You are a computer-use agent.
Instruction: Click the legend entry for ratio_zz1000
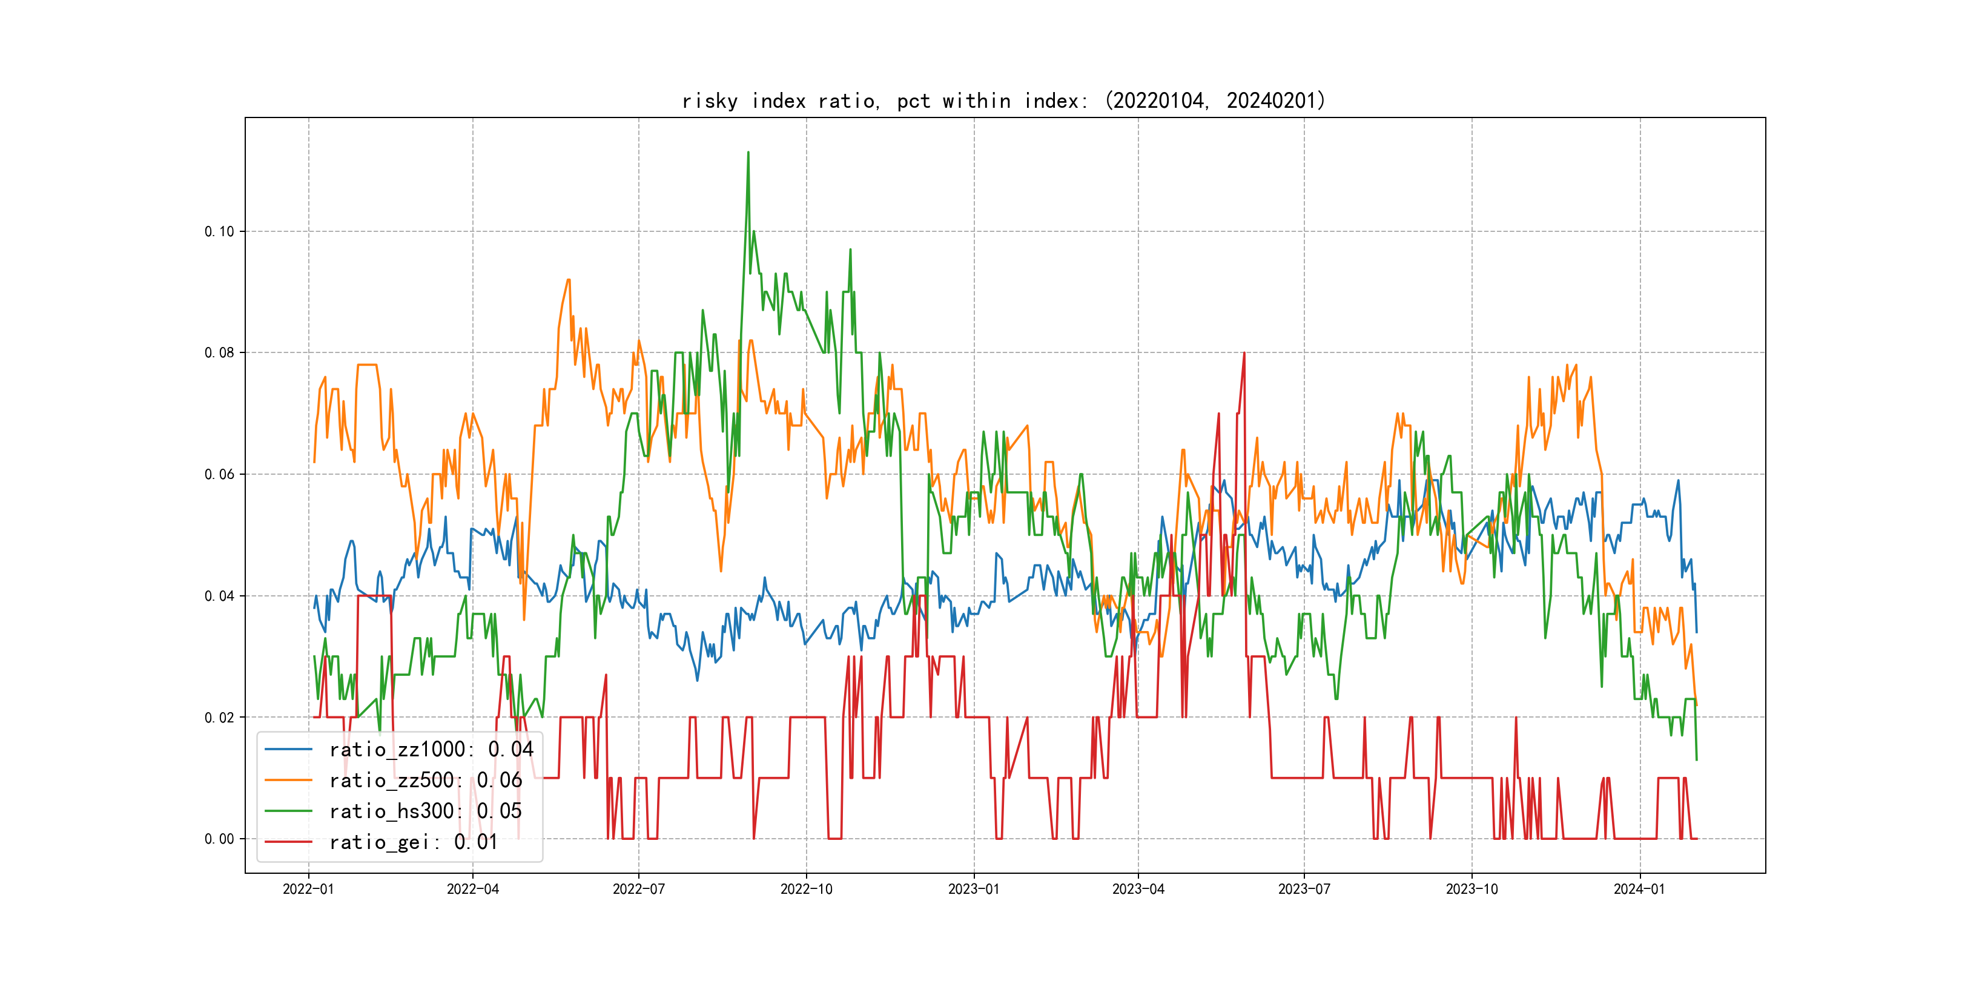(431, 750)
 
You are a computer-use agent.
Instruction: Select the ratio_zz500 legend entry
(425, 781)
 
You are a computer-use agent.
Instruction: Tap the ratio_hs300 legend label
(425, 811)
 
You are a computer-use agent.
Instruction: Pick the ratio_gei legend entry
(413, 842)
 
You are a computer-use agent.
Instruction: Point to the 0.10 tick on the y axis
(219, 231)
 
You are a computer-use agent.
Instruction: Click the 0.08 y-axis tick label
(219, 352)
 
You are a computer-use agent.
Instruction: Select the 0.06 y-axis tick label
(219, 475)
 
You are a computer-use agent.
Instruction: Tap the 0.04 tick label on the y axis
(219, 596)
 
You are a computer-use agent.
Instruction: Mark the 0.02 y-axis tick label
(219, 718)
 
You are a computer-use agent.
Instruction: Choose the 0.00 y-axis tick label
(219, 839)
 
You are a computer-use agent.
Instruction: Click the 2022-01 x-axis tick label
(308, 889)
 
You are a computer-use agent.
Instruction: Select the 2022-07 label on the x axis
(638, 889)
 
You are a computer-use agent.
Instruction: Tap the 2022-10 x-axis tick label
(806, 889)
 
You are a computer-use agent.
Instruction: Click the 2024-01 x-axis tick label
(1639, 889)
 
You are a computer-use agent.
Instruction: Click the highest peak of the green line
(748, 153)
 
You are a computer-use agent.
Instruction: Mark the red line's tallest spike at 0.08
(1244, 354)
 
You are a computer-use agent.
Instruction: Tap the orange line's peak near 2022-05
(568, 280)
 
